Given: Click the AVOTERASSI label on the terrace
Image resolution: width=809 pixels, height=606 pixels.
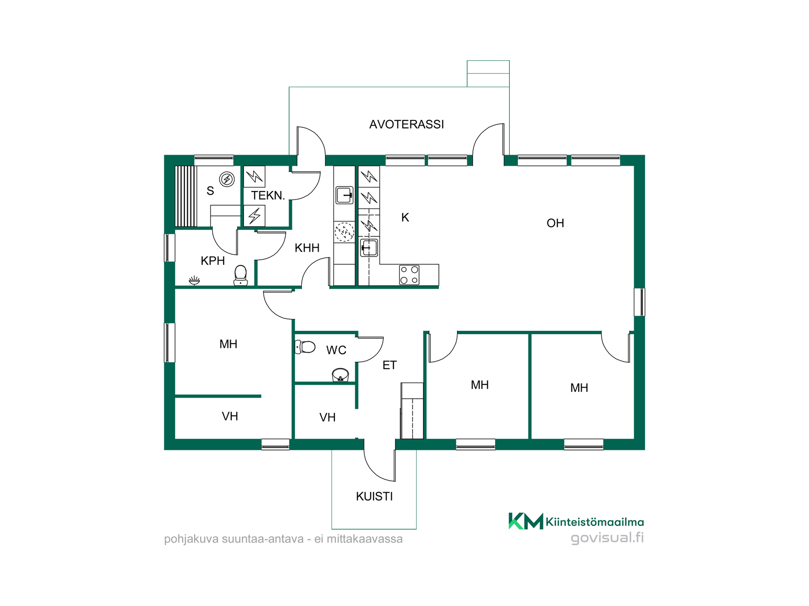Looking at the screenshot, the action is coord(407,124).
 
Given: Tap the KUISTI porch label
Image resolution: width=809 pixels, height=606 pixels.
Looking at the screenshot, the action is coord(374,497).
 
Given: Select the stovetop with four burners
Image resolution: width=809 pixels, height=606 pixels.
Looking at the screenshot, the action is coord(409,275).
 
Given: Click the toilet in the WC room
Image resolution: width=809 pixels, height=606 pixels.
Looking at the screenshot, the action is coord(305,347).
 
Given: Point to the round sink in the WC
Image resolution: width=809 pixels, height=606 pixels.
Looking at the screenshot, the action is coord(340,375).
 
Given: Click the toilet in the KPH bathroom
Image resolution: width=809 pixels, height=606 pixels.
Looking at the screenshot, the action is coord(241,275).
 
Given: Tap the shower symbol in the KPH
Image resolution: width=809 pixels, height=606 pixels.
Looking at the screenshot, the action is coord(194,280).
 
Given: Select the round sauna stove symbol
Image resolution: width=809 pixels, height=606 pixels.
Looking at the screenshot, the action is coord(227,180).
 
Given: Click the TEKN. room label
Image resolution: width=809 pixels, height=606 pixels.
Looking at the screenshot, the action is coord(268,195).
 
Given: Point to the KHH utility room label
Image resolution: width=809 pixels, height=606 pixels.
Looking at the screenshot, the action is coord(307,248).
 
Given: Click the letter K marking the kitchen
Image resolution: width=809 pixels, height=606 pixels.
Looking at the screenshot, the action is coord(405,218).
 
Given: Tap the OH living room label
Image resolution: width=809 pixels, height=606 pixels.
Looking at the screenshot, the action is coord(555,223).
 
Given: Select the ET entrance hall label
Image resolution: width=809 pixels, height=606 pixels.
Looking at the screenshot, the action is coord(389,365).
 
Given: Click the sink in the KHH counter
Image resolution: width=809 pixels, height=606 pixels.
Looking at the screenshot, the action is coord(344,195).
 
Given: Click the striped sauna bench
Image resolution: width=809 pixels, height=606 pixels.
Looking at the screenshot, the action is coord(186,197).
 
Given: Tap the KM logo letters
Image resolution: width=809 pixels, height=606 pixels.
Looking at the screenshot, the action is coord(526,521).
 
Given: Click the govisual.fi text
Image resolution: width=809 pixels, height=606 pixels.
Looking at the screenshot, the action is coord(607,538).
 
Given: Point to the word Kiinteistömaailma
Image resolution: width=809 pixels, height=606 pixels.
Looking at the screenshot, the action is coord(595,522).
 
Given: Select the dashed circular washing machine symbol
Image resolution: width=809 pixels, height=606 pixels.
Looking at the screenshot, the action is coord(344,232).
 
